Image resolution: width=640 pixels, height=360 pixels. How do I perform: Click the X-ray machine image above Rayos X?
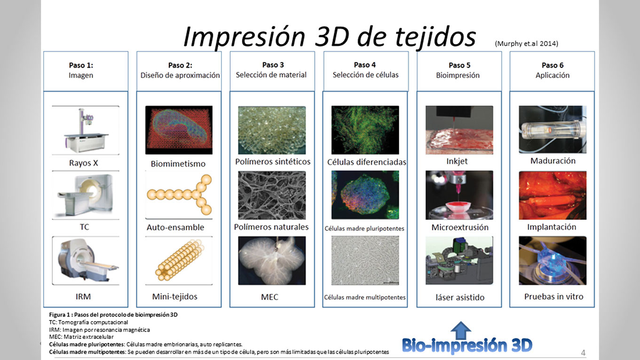point(86,130)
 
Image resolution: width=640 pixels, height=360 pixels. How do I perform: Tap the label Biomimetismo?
point(178,164)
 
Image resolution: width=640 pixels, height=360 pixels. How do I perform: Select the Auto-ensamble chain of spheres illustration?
point(179,195)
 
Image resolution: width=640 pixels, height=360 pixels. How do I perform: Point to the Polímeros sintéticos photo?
point(272,130)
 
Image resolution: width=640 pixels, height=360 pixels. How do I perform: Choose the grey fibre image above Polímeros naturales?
point(272,195)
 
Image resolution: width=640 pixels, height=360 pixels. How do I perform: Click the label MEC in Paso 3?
point(269,297)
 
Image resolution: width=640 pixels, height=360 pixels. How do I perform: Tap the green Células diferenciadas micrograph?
point(365,130)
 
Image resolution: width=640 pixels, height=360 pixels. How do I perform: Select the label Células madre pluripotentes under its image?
point(364,228)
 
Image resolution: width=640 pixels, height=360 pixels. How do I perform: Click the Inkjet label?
point(457,162)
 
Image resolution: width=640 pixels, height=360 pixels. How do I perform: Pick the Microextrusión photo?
point(459,195)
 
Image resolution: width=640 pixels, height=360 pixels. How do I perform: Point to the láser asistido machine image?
point(459,260)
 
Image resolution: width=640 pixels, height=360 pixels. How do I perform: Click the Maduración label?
point(553,161)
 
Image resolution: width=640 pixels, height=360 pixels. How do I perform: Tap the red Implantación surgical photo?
point(553,195)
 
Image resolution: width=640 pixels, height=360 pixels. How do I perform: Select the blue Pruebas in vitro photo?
point(553,260)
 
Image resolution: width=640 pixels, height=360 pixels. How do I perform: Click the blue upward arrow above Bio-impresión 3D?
point(460,330)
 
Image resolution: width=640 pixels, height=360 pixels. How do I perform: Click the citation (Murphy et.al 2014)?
point(526,44)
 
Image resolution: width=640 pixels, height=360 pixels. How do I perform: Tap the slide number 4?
point(583,353)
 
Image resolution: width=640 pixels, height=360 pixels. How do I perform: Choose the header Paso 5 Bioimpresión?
point(459,70)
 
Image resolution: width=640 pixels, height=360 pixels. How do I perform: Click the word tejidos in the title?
point(435,38)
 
